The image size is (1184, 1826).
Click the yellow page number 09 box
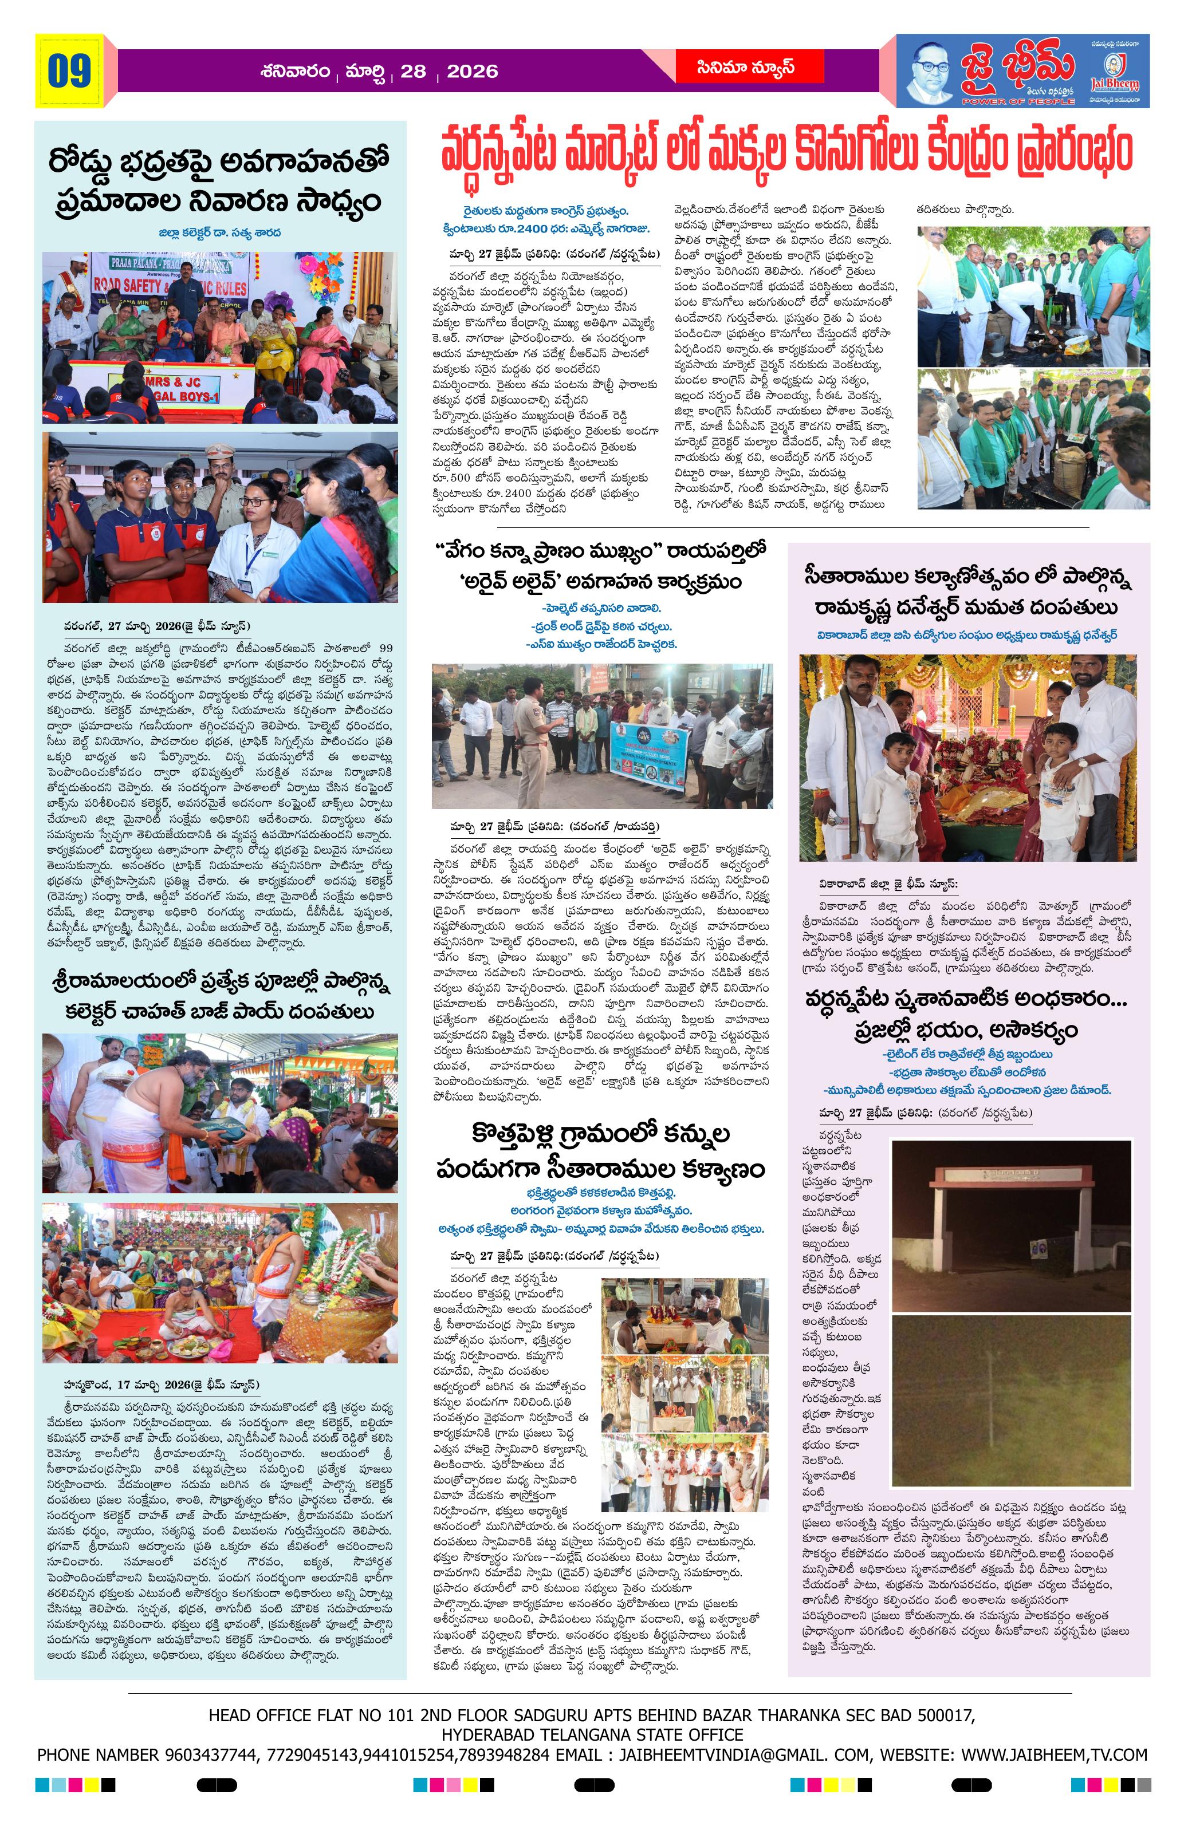tap(69, 70)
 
